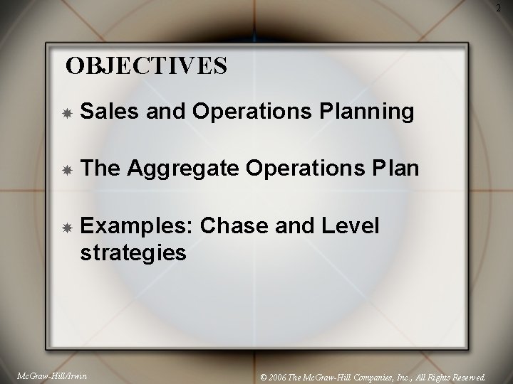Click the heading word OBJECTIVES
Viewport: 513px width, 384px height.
pos(146,66)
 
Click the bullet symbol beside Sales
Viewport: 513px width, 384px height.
pos(66,112)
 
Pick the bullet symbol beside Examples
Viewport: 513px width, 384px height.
pos(66,228)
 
